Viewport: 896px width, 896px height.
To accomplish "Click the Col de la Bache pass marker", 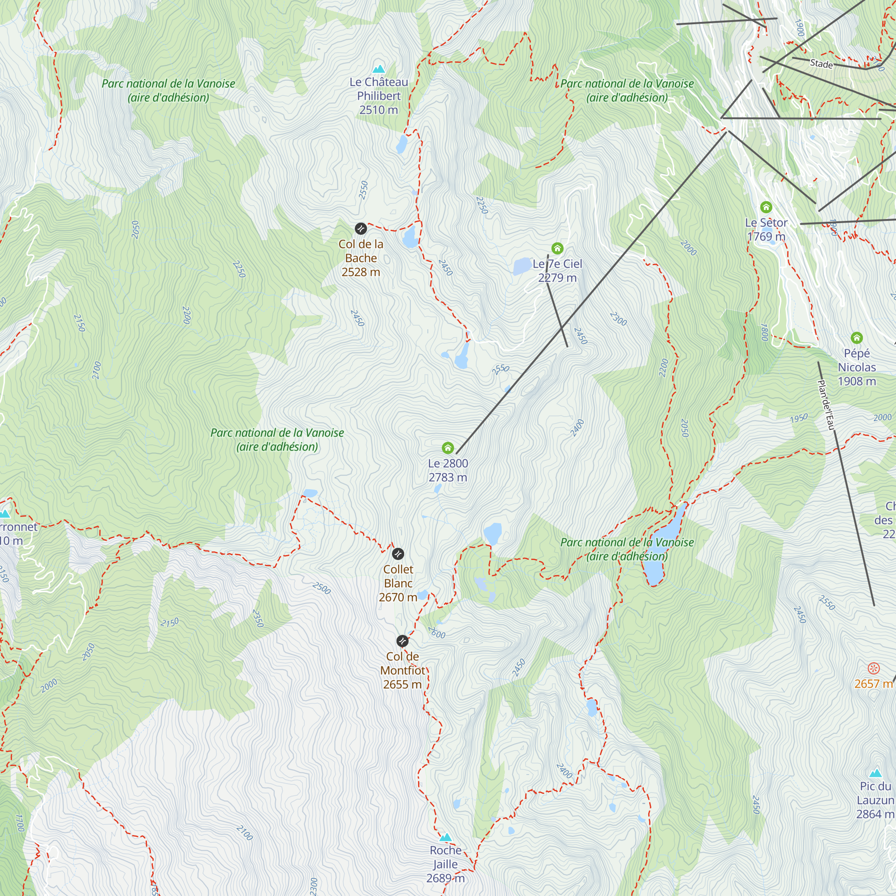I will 361,228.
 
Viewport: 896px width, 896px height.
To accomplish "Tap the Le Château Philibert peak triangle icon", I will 379,69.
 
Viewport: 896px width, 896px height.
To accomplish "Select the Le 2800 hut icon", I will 448,448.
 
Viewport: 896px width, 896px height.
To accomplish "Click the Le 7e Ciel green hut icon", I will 557,248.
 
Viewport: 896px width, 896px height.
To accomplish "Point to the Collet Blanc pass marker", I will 398,553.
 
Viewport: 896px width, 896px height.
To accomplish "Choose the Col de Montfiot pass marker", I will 402,641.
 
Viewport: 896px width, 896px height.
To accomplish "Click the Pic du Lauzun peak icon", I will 875,773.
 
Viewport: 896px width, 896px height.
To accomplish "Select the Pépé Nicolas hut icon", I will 857,338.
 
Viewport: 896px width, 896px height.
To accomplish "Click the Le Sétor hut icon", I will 766,207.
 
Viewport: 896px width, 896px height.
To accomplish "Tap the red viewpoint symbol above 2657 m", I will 874,668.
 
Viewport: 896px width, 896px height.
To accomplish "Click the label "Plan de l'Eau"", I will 826,405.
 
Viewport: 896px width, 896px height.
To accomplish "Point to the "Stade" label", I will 821,64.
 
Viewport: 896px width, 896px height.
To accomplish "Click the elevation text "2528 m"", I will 361,272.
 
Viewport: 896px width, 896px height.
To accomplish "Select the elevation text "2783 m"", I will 448,477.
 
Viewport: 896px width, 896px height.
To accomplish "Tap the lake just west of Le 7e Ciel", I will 522,267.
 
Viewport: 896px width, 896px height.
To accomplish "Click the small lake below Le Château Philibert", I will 401,144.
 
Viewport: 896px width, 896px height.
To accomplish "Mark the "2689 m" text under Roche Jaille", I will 445,879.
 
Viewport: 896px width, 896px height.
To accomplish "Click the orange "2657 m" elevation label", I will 873,684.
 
